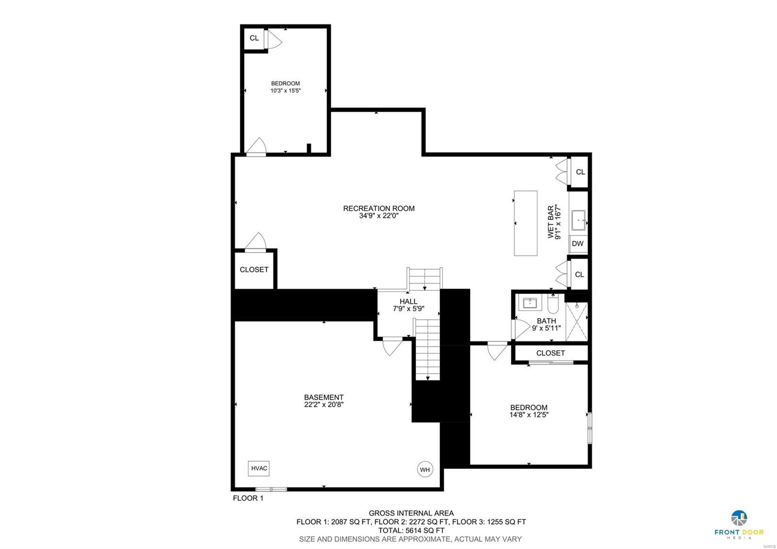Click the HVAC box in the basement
[x=259, y=468]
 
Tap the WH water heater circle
[x=425, y=469]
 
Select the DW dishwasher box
[x=578, y=243]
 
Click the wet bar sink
[x=578, y=220]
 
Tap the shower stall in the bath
[x=577, y=321]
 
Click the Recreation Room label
[x=379, y=208]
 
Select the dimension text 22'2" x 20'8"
[x=324, y=404]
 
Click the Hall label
[x=408, y=301]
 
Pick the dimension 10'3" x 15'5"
[x=286, y=90]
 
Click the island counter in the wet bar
[x=525, y=223]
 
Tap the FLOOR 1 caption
[x=248, y=498]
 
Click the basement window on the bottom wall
[x=271, y=489]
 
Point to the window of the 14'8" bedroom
[x=590, y=428]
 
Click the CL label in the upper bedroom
[x=254, y=38]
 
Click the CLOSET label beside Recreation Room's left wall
[x=254, y=270]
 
